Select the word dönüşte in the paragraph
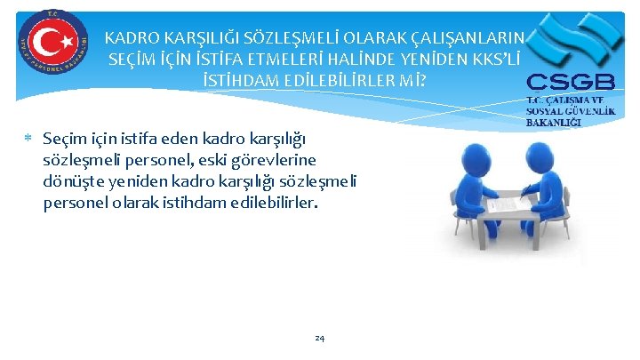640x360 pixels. [71, 180]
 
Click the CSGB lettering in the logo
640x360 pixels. [569, 83]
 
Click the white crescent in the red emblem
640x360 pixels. [44, 42]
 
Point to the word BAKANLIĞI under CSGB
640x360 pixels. [554, 122]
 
